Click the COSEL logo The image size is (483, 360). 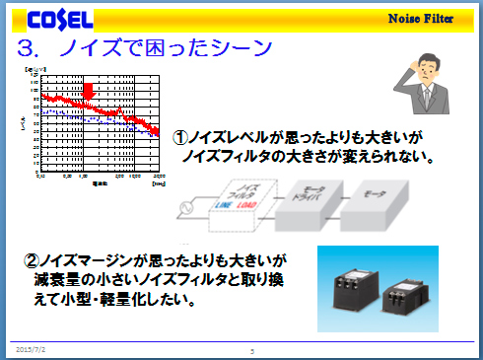coord(60,19)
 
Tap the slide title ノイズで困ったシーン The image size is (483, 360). coord(145,48)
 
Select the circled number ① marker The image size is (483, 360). coord(180,139)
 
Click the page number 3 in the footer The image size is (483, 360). coord(252,350)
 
